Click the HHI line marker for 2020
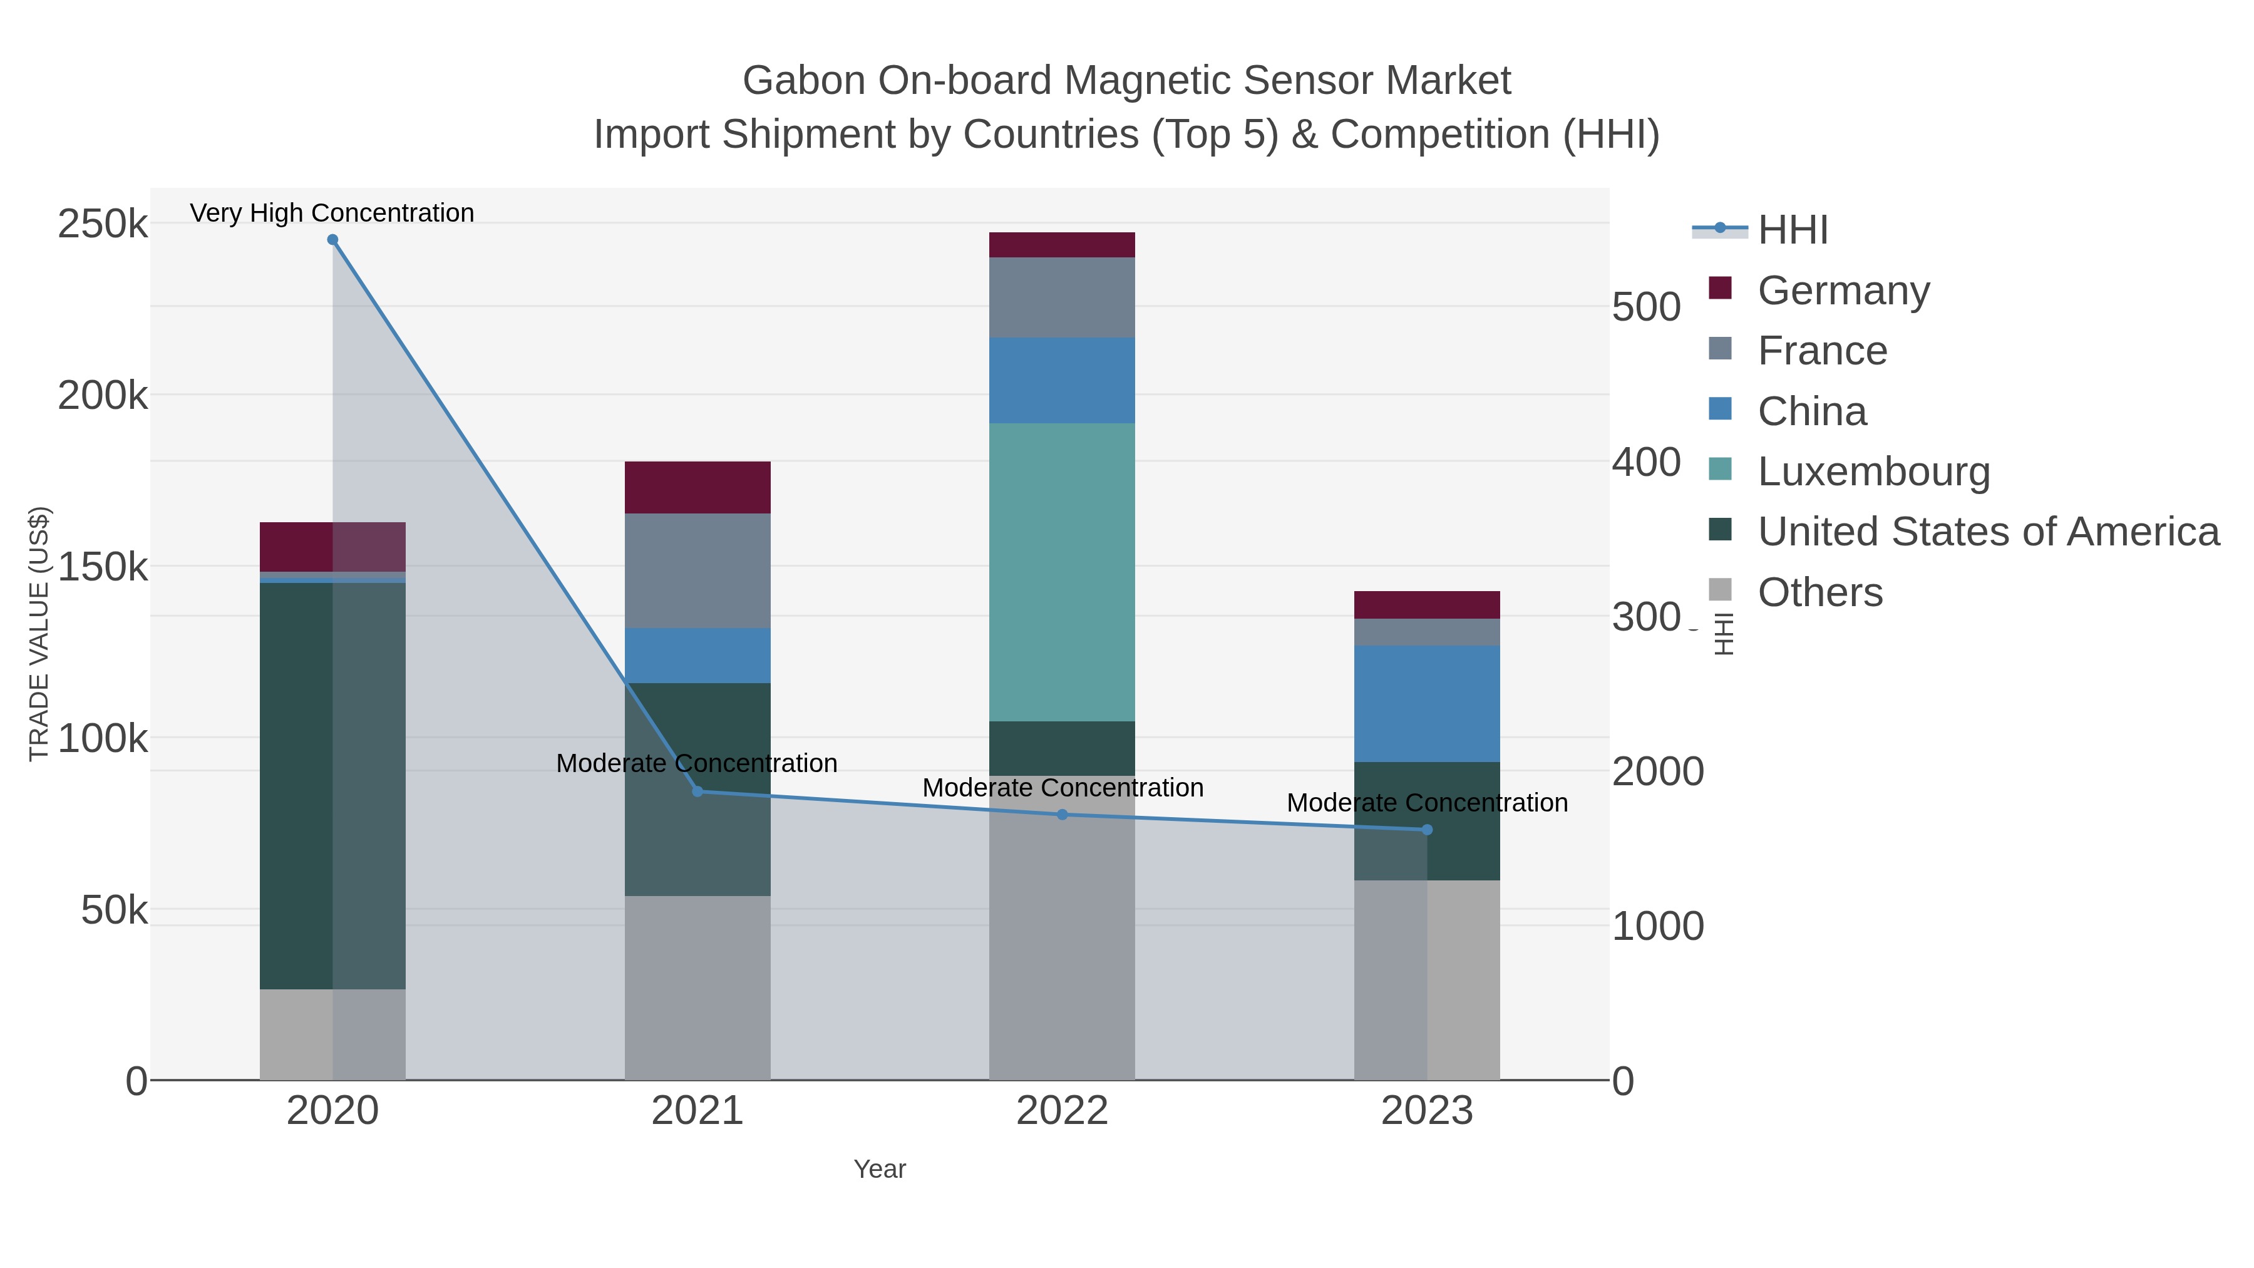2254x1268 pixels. (x=332, y=240)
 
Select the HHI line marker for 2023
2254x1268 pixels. (x=1427, y=830)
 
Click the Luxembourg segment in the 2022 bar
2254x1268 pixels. (x=1061, y=572)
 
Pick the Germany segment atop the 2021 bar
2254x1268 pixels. (x=697, y=487)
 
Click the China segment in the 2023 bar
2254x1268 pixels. (x=1427, y=704)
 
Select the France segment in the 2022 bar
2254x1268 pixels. (x=1061, y=297)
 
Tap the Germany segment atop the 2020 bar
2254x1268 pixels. (x=332, y=547)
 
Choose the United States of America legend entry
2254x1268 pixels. (x=1988, y=532)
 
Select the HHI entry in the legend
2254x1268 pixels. (x=1792, y=230)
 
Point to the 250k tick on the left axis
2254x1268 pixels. (x=103, y=225)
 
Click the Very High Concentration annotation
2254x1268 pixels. (x=332, y=213)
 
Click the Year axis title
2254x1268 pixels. (x=880, y=1169)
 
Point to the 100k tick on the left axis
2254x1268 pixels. (x=103, y=740)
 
